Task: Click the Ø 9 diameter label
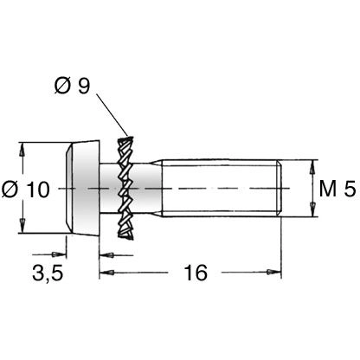(72, 86)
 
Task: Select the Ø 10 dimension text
(26, 190)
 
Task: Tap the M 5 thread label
(337, 189)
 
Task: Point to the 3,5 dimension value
(48, 273)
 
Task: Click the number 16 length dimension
(196, 273)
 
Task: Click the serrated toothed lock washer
(125, 188)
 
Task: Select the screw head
(82, 188)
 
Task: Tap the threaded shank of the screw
(222, 188)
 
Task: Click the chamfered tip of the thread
(279, 188)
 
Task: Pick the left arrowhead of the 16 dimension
(106, 272)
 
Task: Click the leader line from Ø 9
(112, 114)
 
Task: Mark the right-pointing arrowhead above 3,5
(59, 254)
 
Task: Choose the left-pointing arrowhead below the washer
(106, 255)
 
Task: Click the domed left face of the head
(68, 188)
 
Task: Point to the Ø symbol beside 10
(10, 190)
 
